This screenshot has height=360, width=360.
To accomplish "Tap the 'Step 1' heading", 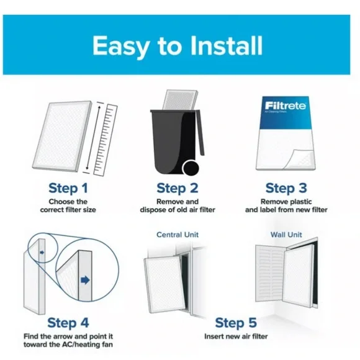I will [71, 188].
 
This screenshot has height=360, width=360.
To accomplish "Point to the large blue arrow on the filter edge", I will [85, 281].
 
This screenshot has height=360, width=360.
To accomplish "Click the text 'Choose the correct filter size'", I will [71, 206].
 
